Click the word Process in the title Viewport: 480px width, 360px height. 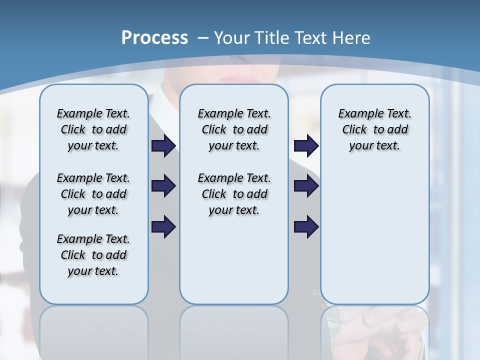pos(154,38)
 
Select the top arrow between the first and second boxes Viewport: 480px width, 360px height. pos(163,146)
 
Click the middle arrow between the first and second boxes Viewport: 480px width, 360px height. pos(163,186)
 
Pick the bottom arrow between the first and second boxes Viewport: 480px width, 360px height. pos(163,227)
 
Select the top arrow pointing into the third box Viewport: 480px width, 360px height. pos(306,146)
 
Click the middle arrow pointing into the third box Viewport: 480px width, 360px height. pos(306,186)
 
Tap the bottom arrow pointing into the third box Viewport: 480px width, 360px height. pos(306,227)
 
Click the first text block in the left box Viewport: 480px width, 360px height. pos(93,129)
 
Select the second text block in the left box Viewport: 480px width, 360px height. pos(93,194)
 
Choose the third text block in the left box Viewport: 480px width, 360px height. pos(93,255)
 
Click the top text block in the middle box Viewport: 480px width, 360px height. pos(234,129)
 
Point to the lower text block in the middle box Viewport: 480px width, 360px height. pos(234,194)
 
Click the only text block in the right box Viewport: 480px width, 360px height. pos(374,129)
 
